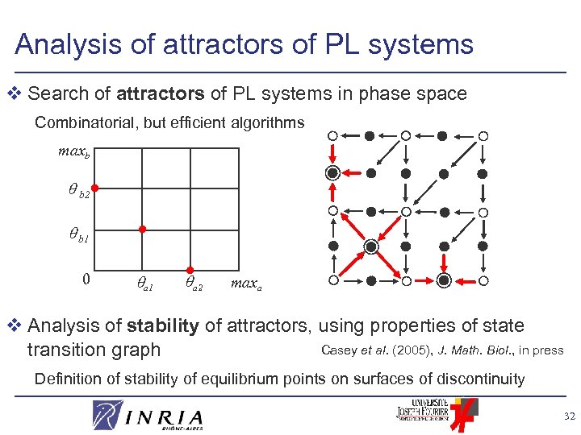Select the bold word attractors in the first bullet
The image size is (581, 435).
(x=160, y=93)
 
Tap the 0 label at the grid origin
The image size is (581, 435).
(x=86, y=280)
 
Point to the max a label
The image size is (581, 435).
(x=245, y=284)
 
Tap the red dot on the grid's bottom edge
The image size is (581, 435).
(x=189, y=269)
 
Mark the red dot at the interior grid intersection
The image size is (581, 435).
(x=142, y=229)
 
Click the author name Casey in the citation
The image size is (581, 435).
(x=337, y=349)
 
